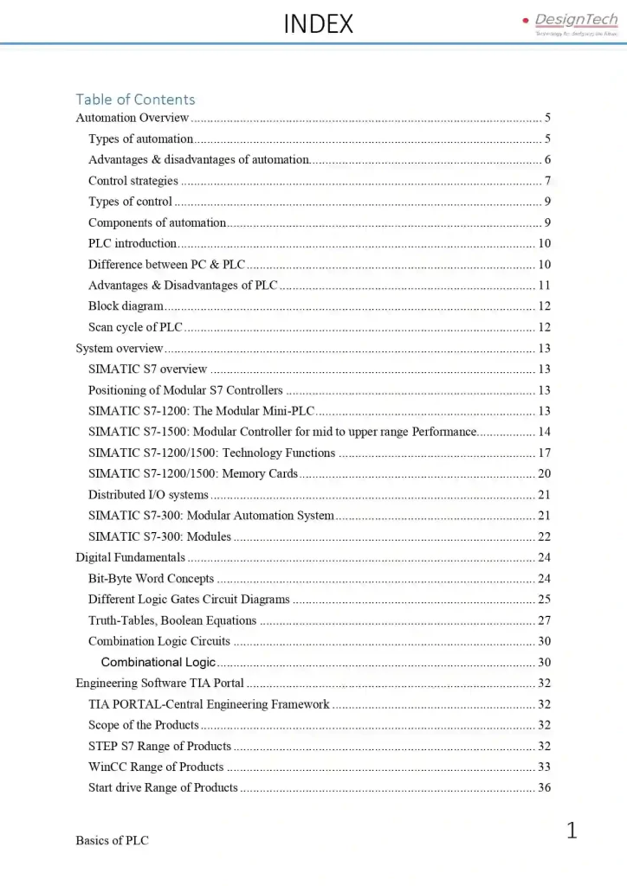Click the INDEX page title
click(319, 24)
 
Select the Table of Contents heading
click(135, 100)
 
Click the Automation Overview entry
click(133, 118)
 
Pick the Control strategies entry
click(133, 181)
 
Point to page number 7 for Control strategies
click(547, 181)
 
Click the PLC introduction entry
click(133, 244)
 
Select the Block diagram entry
click(126, 306)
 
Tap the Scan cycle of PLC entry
click(135, 327)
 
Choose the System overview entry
click(120, 349)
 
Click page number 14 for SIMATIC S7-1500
click(544, 432)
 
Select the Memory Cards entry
click(193, 473)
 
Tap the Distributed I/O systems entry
click(148, 495)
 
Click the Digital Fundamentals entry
click(131, 557)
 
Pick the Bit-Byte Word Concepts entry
click(151, 579)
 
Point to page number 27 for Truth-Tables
click(544, 620)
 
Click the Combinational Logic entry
click(158, 663)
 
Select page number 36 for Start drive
click(544, 787)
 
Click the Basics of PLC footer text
click(112, 840)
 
